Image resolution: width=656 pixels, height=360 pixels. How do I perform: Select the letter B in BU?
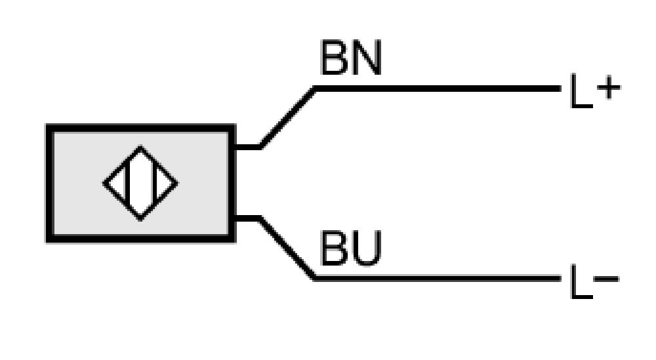pyautogui.click(x=335, y=248)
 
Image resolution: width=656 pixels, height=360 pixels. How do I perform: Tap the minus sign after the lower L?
pyautogui.click(x=606, y=279)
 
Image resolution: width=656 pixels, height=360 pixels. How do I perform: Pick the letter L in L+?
pyautogui.click(x=581, y=91)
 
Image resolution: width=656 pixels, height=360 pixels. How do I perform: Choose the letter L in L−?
pyautogui.click(x=581, y=281)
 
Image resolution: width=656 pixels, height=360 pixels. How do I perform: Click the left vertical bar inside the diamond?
pyautogui.click(x=127, y=183)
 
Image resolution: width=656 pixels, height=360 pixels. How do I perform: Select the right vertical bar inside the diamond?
pyautogui.click(x=154, y=183)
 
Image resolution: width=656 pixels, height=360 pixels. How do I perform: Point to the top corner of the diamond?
pyautogui.click(x=140, y=146)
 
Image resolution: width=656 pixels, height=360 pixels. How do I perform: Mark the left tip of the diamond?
pyautogui.click(x=104, y=183)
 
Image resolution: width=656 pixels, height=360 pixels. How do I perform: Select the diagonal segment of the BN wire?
pyautogui.click(x=287, y=117)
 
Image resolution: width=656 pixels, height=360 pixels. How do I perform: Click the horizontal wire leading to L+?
pyautogui.click(x=438, y=89)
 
